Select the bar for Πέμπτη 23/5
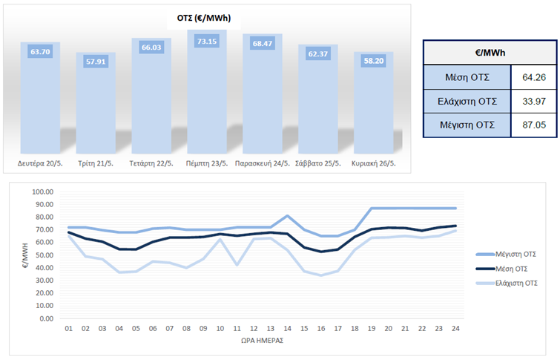click(207, 96)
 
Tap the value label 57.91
click(96, 61)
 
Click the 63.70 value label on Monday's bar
click(40, 51)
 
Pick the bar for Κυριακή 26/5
click(373, 104)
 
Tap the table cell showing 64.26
click(533, 76)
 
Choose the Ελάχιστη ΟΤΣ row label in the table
click(467, 101)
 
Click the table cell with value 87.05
click(533, 125)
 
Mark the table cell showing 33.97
click(533, 101)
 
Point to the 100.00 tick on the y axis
click(44, 192)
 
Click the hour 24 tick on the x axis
click(455, 329)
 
